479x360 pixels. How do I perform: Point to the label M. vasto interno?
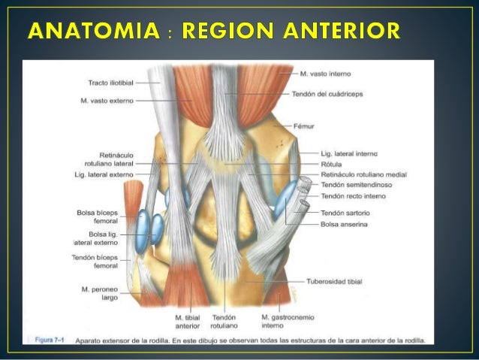(325, 74)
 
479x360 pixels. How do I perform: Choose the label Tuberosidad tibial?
(334, 281)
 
